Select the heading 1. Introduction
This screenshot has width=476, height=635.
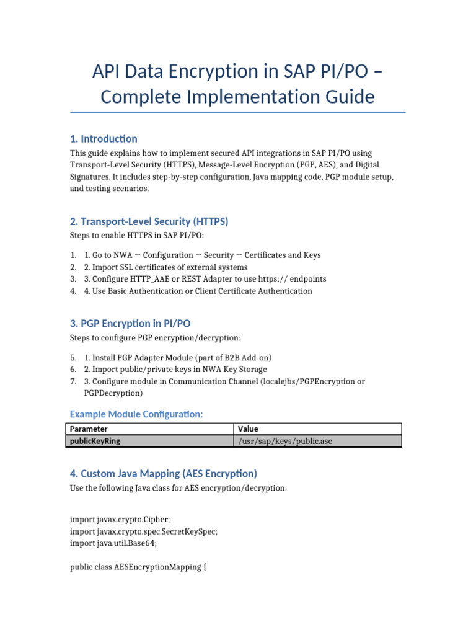coord(104,138)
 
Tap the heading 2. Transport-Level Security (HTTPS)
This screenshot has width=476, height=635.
coord(149,221)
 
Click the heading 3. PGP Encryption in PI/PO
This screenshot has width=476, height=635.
coord(134,324)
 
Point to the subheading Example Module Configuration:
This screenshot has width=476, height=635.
coord(136,414)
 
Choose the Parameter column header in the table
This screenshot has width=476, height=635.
coord(89,429)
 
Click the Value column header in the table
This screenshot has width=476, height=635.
coord(248,429)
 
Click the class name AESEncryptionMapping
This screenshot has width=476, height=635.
coord(158,567)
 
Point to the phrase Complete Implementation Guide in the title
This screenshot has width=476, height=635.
coord(237,97)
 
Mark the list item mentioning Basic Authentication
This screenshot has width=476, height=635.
coord(198,291)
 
